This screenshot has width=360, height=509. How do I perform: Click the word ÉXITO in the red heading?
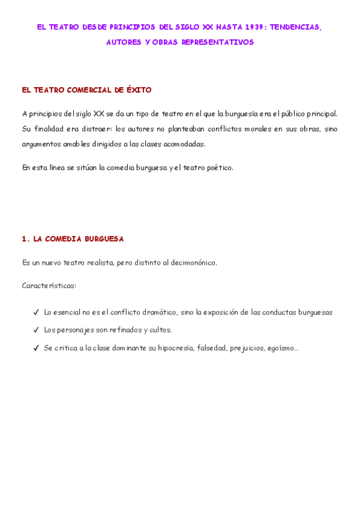click(139, 91)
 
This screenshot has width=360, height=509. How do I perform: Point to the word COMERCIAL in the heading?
click(86, 91)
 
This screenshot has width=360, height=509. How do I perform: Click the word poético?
click(218, 167)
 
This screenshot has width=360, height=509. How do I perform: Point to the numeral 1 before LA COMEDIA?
click(24, 239)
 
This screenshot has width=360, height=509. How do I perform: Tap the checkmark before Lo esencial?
click(37, 313)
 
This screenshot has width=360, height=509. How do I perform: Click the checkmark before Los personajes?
click(37, 330)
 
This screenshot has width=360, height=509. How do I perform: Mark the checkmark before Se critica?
click(37, 348)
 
